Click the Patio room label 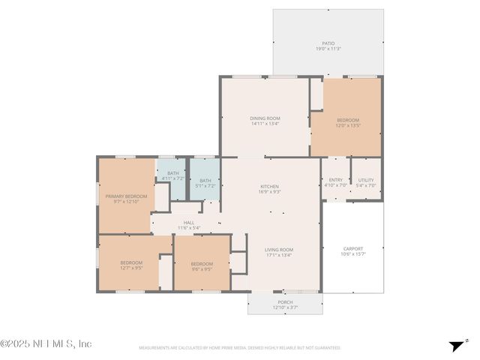pyautogui.click(x=328, y=43)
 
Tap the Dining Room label pyautogui.click(x=265, y=118)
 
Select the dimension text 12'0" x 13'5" pyautogui.click(x=347, y=126)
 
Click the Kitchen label pyautogui.click(x=269, y=187)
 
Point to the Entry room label pyautogui.click(x=335, y=180)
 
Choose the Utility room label pyautogui.click(x=365, y=180)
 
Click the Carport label pyautogui.click(x=352, y=249)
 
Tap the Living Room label pyautogui.click(x=278, y=250)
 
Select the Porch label pyautogui.click(x=285, y=302)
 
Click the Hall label pyautogui.click(x=189, y=223)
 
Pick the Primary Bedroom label pyautogui.click(x=126, y=196)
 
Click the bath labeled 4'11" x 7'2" pyautogui.click(x=172, y=174)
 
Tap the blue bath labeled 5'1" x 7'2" pyautogui.click(x=205, y=180)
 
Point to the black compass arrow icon pyautogui.click(x=456, y=346)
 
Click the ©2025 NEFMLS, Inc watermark pyautogui.click(x=46, y=343)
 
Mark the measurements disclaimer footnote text pyautogui.click(x=239, y=348)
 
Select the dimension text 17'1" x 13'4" pyautogui.click(x=278, y=255)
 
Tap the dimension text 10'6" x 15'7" pyautogui.click(x=352, y=254)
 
